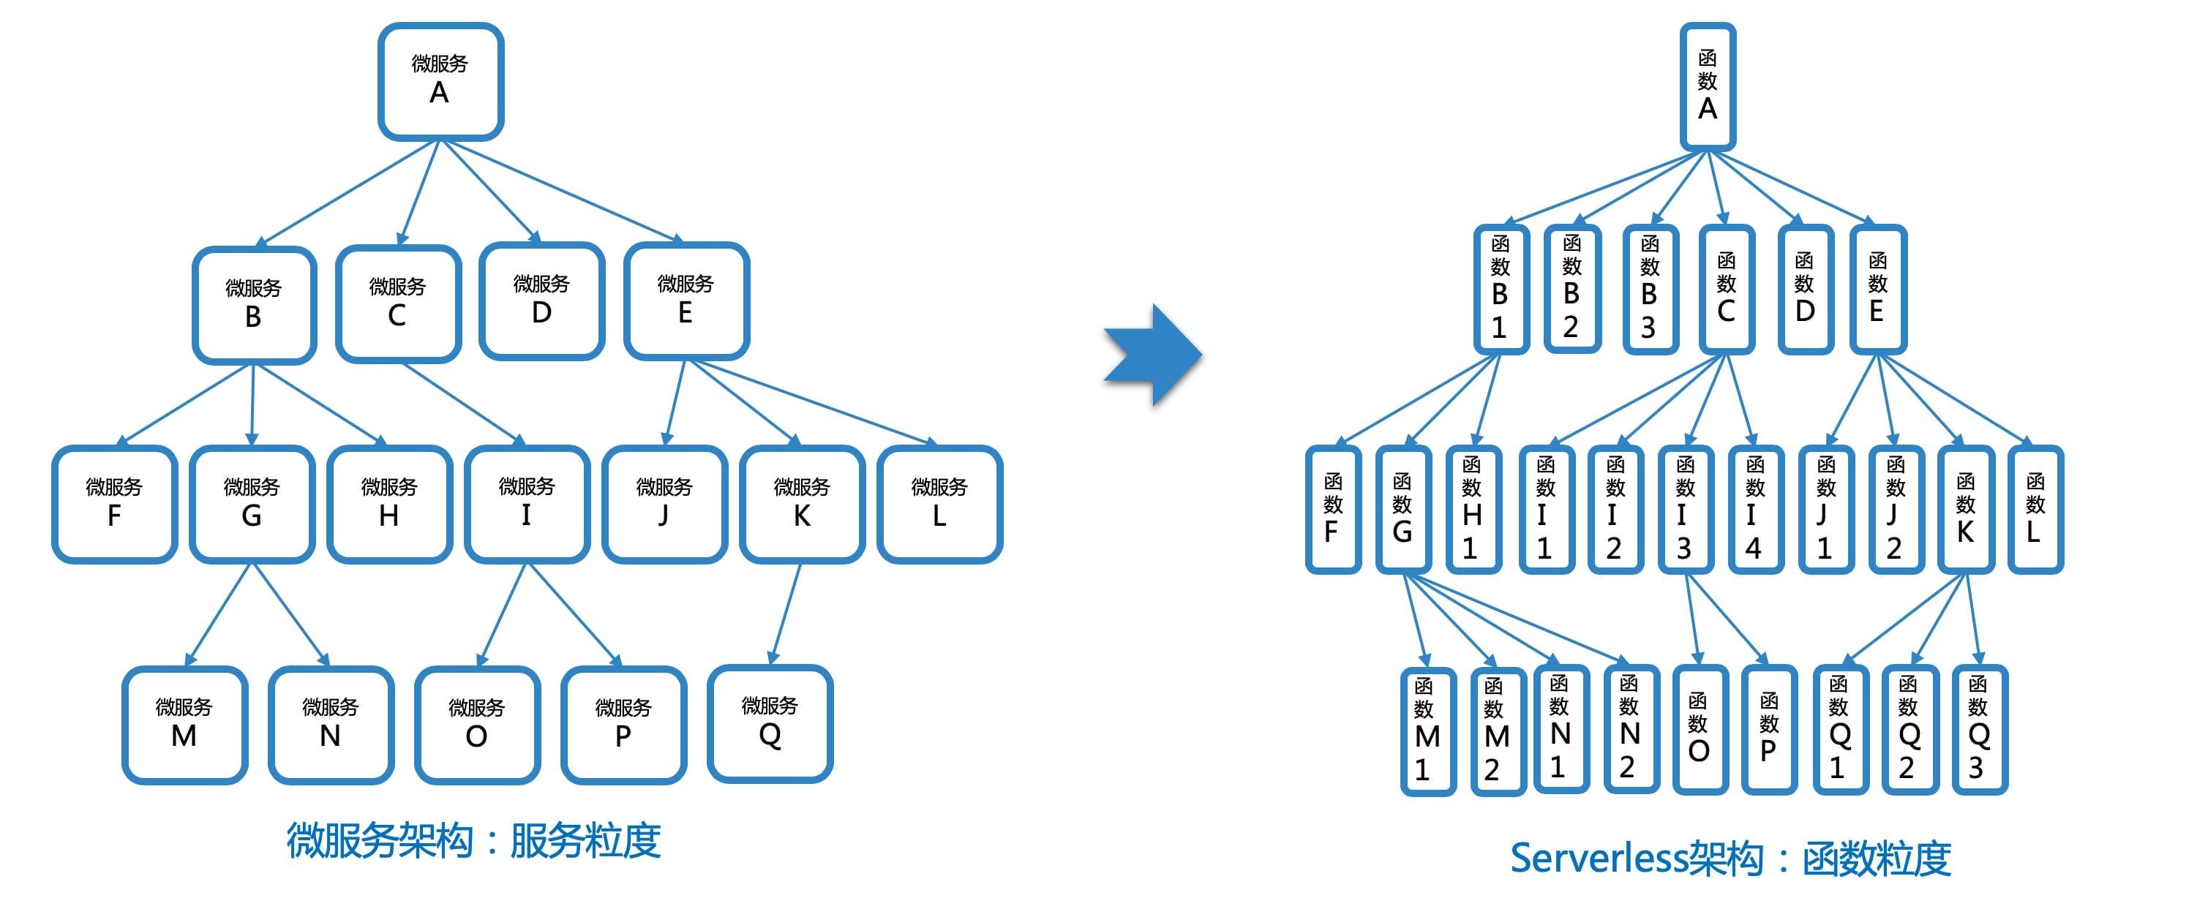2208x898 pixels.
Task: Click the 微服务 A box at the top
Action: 440,81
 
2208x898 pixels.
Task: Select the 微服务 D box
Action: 541,301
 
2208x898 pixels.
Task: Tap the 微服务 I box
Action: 526,504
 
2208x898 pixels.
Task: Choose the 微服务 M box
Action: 184,725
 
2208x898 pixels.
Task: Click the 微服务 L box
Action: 939,504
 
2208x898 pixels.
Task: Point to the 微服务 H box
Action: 389,504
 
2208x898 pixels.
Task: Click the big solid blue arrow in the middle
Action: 1152,354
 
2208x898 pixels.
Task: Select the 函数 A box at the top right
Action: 1708,86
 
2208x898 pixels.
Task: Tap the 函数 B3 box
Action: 1649,290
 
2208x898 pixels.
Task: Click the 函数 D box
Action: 1805,290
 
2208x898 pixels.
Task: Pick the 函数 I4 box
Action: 1754,510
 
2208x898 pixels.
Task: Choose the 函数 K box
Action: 1965,510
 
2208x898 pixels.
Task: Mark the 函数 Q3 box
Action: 1978,730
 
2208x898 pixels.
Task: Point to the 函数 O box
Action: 1698,730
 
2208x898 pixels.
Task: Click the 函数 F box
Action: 1332,510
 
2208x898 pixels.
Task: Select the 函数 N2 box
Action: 1629,730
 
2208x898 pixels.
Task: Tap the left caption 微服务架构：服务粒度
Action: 473,840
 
